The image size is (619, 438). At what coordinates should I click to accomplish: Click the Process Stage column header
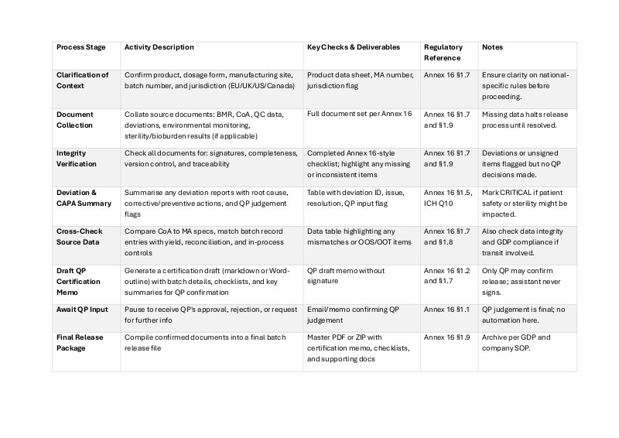click(81, 47)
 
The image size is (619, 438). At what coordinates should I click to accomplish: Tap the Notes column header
click(493, 47)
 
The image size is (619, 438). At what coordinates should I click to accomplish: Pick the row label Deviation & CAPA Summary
click(84, 198)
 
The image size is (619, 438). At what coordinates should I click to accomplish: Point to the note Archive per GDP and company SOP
click(515, 342)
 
